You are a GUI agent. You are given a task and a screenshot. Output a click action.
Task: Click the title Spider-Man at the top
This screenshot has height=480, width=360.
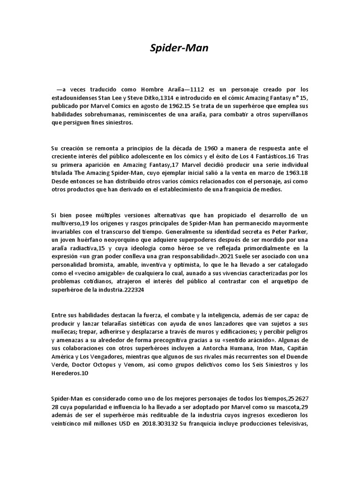coord(180,48)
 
